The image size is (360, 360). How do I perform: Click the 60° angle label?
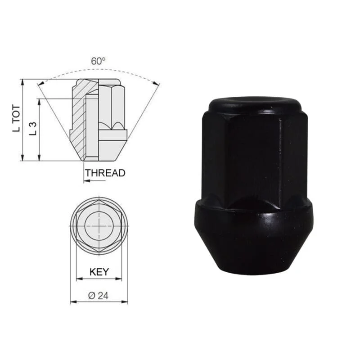coord(98,61)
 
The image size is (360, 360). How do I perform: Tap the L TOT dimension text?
coord(17,118)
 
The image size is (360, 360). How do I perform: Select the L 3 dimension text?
coord(33,129)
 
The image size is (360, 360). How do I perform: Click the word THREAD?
coord(105,173)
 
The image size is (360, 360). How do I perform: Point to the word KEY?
coord(99,272)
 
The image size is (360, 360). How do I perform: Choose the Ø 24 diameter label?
coord(98,296)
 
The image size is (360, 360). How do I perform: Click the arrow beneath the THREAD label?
coord(94,181)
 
